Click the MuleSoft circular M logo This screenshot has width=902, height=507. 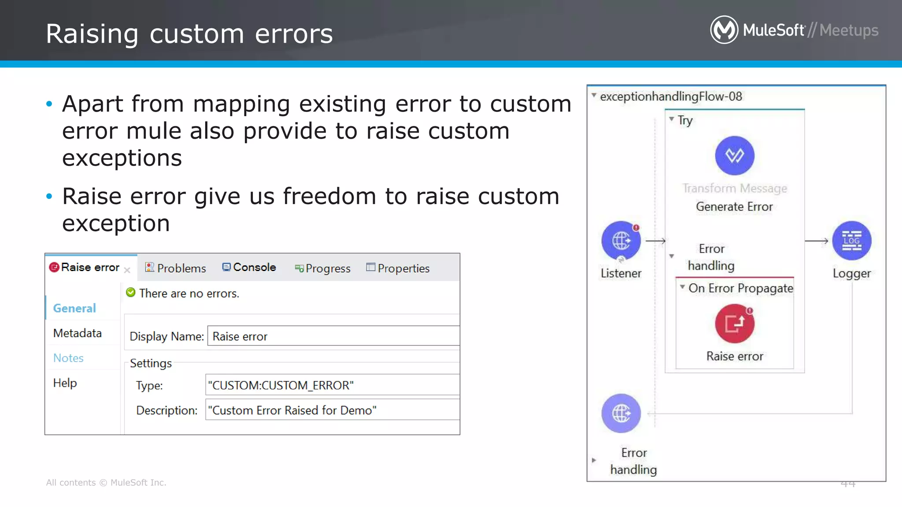(724, 30)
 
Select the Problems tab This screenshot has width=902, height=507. (176, 268)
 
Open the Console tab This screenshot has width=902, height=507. (249, 268)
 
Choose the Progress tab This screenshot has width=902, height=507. (323, 268)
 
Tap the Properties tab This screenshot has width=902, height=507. (398, 268)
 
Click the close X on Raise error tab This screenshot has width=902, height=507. (127, 270)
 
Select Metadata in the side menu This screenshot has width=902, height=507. (78, 333)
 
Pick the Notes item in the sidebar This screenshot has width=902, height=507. (68, 358)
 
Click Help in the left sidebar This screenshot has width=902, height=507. (65, 383)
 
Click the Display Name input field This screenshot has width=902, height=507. (333, 336)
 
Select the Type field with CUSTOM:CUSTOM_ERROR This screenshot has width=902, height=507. (332, 386)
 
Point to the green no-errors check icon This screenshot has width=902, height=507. (131, 293)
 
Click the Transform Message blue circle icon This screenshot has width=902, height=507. (735, 156)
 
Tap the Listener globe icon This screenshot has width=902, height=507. (621, 241)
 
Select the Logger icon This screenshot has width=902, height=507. (852, 241)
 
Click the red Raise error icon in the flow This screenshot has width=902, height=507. (735, 324)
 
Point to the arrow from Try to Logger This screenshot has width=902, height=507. (817, 241)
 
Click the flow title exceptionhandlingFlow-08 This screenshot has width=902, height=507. (671, 96)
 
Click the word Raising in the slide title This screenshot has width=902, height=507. (92, 34)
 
